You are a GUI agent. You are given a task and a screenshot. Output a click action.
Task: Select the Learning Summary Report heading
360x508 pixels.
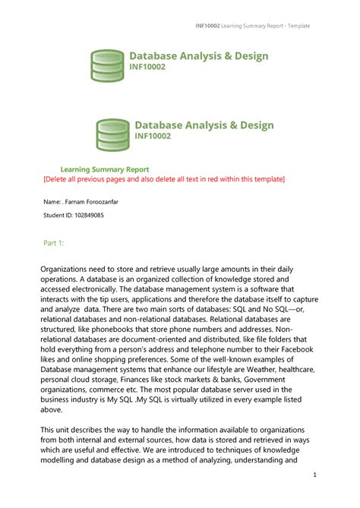105,169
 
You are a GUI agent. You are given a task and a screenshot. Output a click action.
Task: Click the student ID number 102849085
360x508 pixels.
86,216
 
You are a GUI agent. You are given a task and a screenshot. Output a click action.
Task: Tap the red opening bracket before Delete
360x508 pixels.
44,179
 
